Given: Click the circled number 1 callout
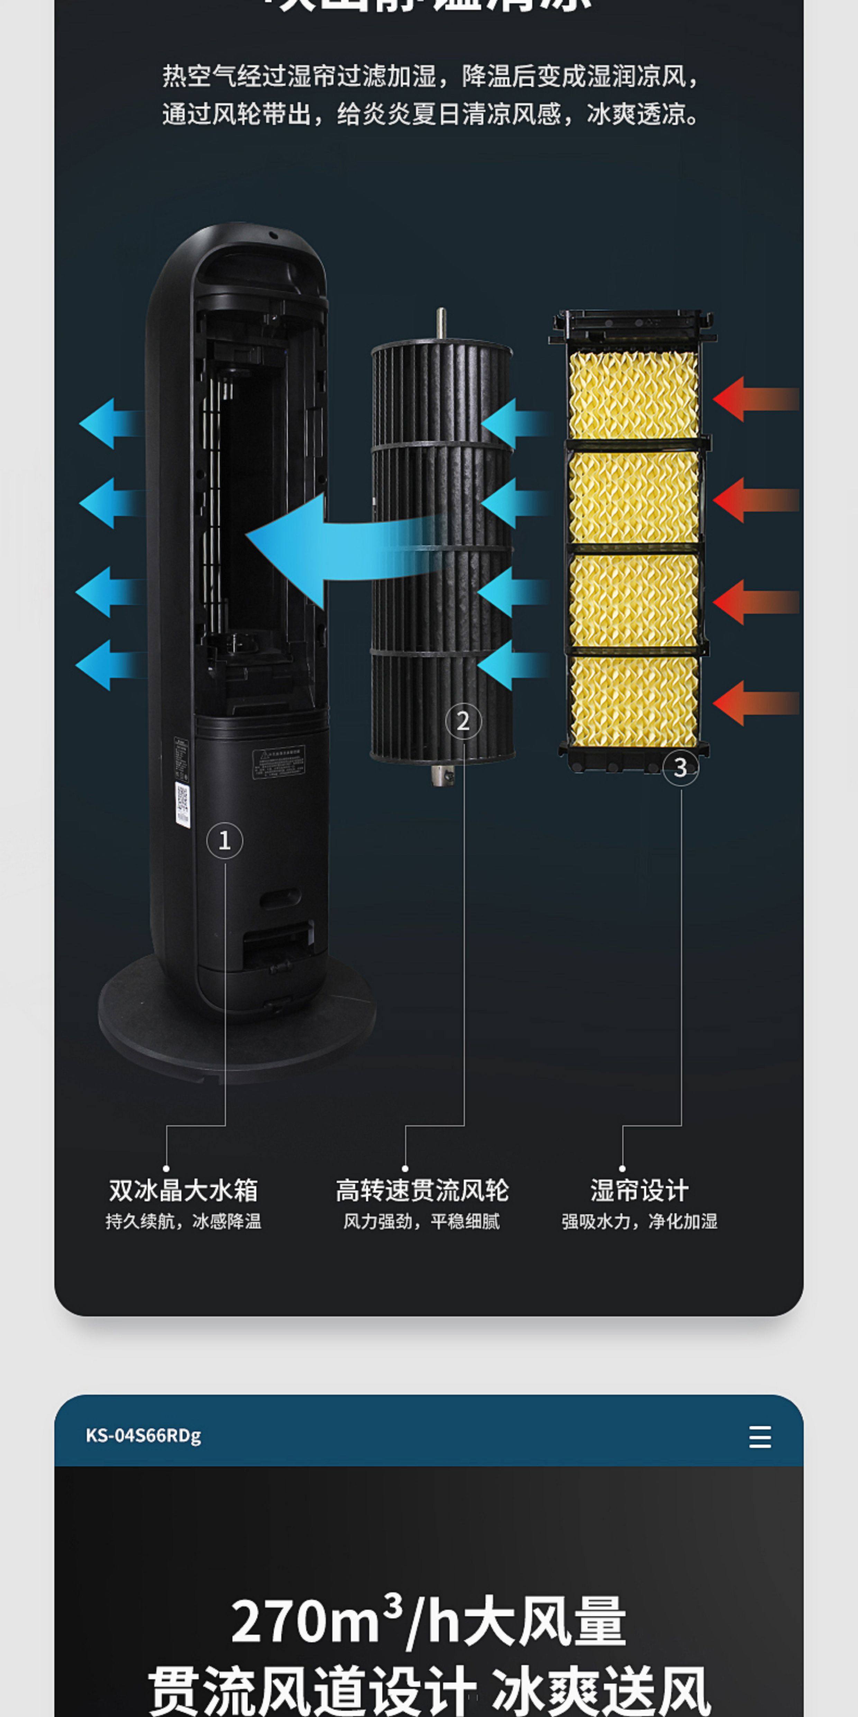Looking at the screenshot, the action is [x=225, y=840].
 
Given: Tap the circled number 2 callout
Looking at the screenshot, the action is [x=463, y=721].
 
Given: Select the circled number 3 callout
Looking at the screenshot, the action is [x=680, y=767].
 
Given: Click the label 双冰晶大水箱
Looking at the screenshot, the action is [x=183, y=1190].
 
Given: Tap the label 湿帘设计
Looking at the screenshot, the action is [x=639, y=1190].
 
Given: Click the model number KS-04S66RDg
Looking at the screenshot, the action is [x=143, y=1435].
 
